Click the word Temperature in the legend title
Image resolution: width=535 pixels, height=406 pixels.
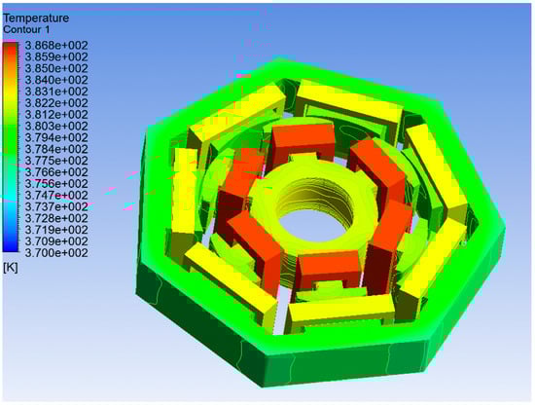click(x=36, y=18)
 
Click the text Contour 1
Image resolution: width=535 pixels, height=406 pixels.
click(x=26, y=30)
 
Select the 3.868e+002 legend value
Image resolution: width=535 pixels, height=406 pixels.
click(x=56, y=46)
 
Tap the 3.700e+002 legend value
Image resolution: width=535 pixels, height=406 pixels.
click(x=56, y=253)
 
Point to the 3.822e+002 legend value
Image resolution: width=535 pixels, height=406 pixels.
click(x=56, y=103)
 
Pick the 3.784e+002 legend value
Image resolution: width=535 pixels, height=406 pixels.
click(x=56, y=149)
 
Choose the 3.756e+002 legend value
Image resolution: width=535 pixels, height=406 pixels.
click(x=56, y=184)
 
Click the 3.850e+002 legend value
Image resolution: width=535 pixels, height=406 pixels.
click(x=56, y=68)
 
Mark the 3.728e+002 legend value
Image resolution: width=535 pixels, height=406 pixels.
click(x=56, y=218)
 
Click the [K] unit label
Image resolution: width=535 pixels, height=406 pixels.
click(x=11, y=268)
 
